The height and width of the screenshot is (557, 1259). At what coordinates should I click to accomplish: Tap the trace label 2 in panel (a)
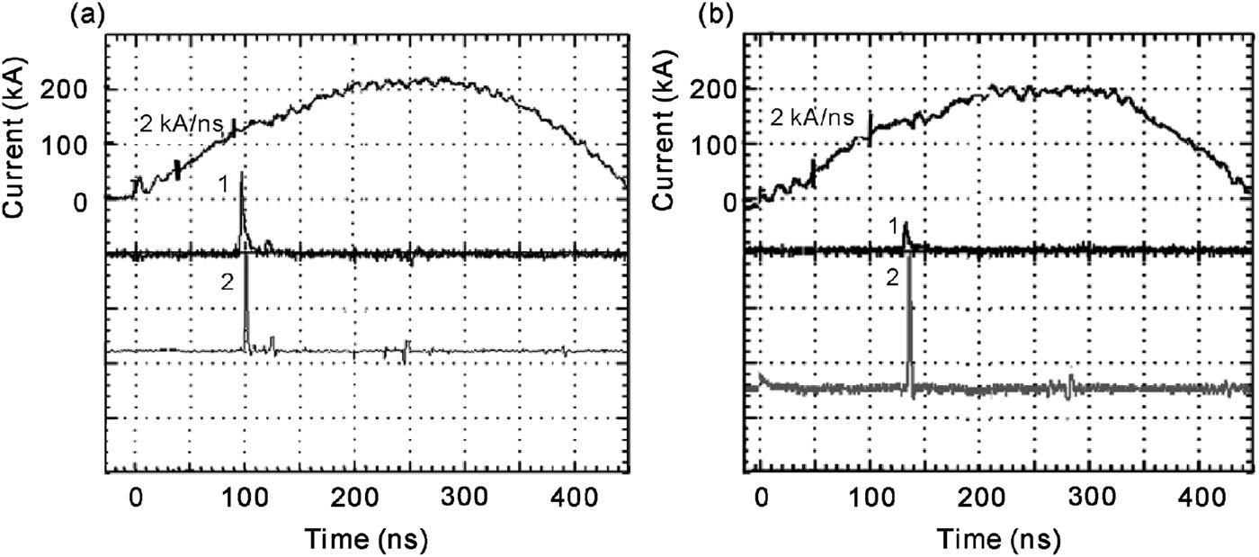[x=228, y=282]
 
